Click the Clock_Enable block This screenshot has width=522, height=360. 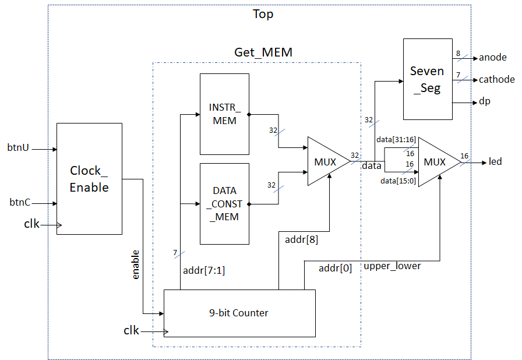89,178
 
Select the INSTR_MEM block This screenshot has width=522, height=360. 224,115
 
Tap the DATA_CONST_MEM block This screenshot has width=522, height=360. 224,203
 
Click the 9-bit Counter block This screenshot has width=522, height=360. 239,313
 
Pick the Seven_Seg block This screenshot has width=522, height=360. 427,80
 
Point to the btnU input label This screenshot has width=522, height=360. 18,148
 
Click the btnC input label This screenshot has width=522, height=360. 20,203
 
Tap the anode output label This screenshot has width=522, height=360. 493,58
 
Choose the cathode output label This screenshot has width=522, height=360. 497,79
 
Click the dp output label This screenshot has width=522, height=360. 485,101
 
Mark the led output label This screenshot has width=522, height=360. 495,161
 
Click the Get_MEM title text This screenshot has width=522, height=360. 263,52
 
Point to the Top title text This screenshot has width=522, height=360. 263,14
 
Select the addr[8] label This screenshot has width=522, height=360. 301,239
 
